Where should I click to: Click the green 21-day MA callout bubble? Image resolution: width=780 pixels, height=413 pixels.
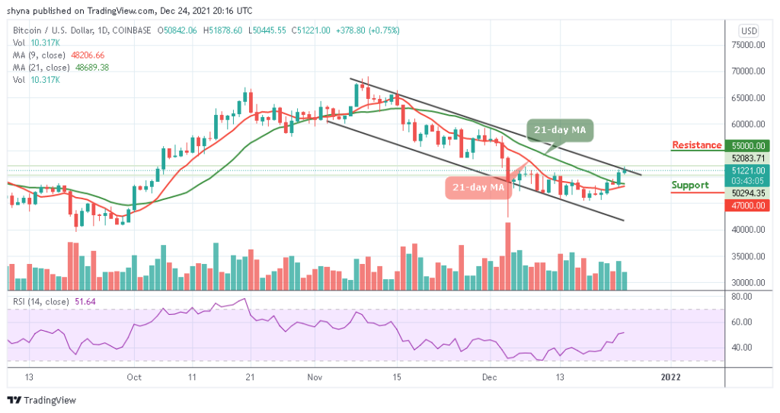click(x=558, y=130)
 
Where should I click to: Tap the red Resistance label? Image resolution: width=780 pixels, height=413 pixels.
click(x=696, y=145)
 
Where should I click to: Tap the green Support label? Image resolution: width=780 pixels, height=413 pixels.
click(x=689, y=185)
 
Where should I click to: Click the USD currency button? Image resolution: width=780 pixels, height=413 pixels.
click(x=748, y=31)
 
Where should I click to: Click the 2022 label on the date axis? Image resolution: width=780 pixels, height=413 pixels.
click(x=670, y=376)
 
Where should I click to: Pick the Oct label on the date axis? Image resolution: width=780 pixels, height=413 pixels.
click(x=134, y=376)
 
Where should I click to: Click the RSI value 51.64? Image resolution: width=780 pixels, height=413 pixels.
click(x=89, y=300)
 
